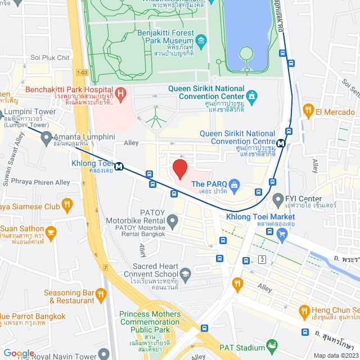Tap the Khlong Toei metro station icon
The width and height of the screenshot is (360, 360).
click(x=119, y=166)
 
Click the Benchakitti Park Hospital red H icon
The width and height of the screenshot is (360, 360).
click(x=119, y=92)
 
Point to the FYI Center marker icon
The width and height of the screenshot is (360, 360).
click(x=277, y=199)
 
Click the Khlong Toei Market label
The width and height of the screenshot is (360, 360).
click(x=260, y=217)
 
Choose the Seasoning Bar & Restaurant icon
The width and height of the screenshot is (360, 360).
click(x=101, y=293)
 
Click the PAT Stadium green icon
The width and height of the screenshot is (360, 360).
click(x=273, y=345)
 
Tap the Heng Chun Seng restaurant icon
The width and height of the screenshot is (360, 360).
click(x=304, y=310)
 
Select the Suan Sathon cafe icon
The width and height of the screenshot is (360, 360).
click(x=51, y=231)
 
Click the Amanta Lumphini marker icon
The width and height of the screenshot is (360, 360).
click(x=46, y=137)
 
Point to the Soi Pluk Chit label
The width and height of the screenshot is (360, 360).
click(x=50, y=57)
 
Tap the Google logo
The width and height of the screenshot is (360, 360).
click(x=19, y=353)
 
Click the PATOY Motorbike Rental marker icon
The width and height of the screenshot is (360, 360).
click(x=173, y=219)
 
